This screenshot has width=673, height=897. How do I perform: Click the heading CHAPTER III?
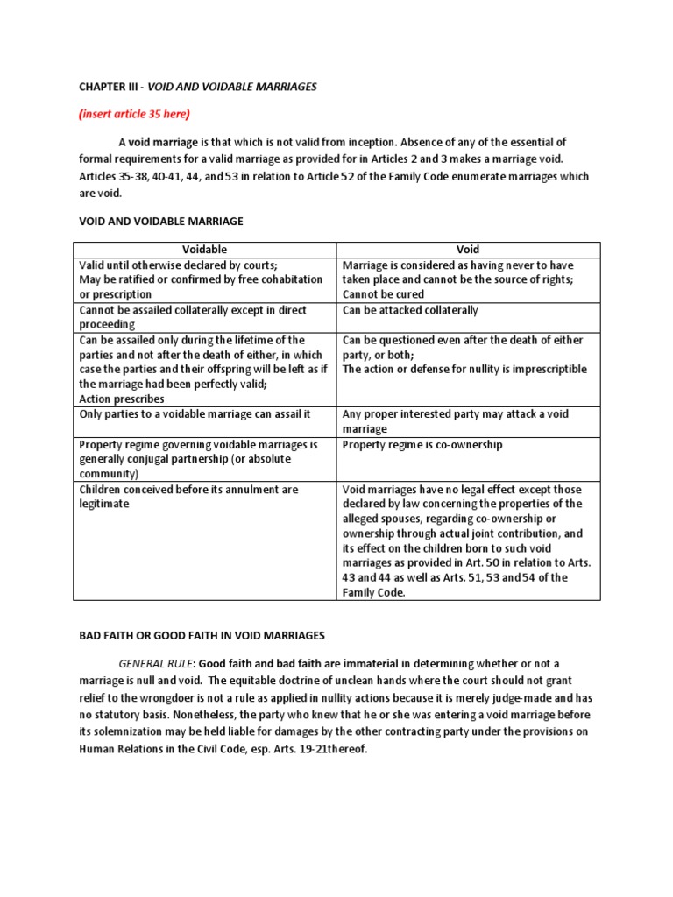click(106, 87)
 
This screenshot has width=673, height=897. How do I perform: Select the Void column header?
click(468, 250)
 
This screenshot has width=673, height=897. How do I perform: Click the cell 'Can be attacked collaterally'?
click(410, 310)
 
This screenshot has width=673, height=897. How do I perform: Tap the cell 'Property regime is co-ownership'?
click(422, 445)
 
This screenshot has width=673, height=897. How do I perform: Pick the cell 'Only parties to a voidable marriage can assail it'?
click(195, 413)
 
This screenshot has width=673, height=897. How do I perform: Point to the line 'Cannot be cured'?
click(383, 294)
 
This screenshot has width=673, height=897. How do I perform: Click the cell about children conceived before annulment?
click(188, 497)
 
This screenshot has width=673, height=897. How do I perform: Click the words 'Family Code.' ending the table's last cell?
click(374, 593)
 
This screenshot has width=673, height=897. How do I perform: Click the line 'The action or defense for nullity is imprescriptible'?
click(464, 370)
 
